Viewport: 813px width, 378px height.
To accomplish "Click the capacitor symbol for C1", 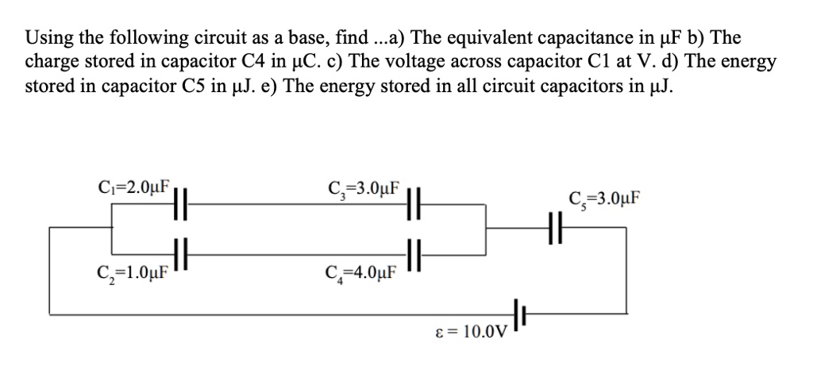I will coord(179,204).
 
